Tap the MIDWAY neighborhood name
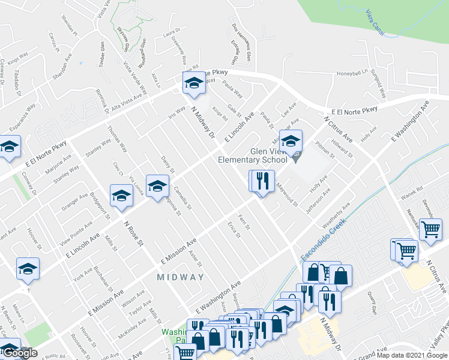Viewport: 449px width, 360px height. pyautogui.click(x=181, y=277)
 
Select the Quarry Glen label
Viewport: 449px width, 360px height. pyautogui.click(x=373, y=308)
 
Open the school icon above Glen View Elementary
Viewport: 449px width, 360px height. pyautogui.click(x=291, y=143)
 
